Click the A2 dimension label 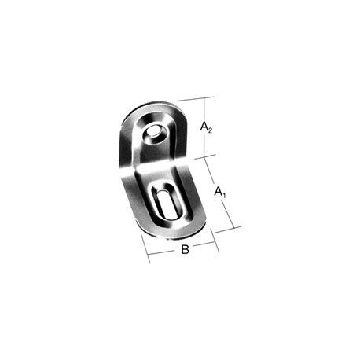tap(206, 127)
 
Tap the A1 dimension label tap(220, 192)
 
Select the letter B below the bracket tap(185, 249)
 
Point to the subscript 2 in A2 tap(209, 130)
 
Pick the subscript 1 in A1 tap(223, 195)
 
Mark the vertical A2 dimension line tap(204, 127)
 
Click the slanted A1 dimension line tap(219, 192)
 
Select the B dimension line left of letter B tap(160, 252)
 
